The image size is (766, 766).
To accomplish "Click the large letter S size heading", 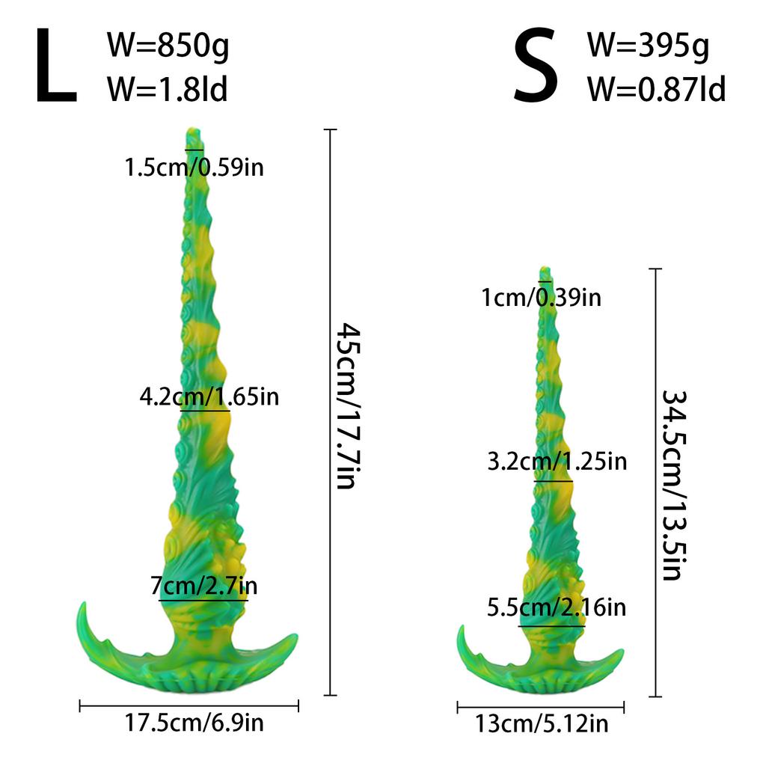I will [x=536, y=68].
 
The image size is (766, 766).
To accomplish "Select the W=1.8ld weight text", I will [x=168, y=90].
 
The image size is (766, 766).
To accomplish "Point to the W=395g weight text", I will [x=648, y=47].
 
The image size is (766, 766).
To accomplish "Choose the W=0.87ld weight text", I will [x=656, y=90].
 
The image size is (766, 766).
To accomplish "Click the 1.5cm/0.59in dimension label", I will [x=194, y=167].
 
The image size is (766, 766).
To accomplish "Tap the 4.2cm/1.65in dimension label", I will [x=209, y=396].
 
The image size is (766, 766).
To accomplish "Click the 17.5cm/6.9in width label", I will [x=194, y=723].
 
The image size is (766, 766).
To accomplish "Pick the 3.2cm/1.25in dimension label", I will [x=557, y=462].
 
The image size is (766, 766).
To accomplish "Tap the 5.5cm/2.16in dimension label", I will [x=556, y=607].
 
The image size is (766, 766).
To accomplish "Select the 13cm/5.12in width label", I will [x=541, y=723].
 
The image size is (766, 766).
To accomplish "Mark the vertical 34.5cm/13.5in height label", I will [x=672, y=485].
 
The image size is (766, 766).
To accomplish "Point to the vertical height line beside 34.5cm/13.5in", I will [x=656, y=482].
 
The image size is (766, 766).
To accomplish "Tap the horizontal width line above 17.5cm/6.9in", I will [x=189, y=705].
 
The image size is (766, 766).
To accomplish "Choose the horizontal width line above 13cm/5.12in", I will [x=541, y=706].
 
